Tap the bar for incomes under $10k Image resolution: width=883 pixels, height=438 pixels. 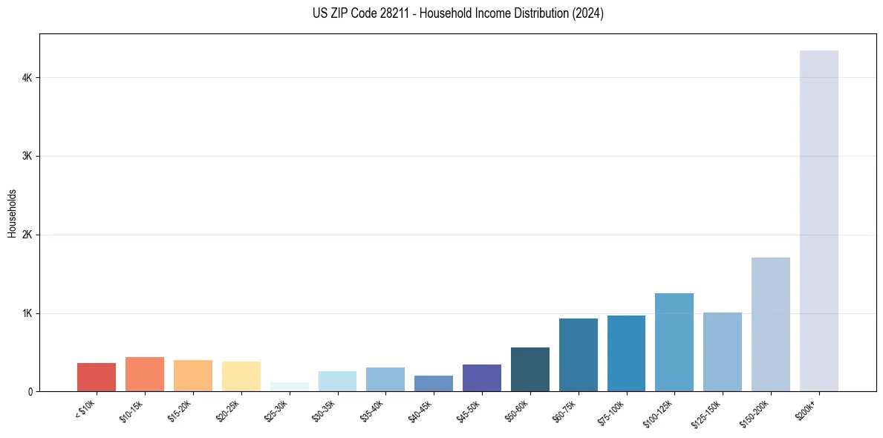tap(97, 377)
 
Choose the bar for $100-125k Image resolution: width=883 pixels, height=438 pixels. tap(674, 342)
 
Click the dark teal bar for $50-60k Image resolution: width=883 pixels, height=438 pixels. tap(530, 369)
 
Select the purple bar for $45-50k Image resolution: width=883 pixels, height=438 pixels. tap(481, 378)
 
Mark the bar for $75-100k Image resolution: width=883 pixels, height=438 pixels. tap(626, 353)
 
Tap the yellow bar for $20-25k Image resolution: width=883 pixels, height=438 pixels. tap(241, 376)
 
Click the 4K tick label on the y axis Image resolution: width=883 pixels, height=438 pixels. tap(27, 78)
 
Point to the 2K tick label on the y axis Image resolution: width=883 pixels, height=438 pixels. tap(27, 235)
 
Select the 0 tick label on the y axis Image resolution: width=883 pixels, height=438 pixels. tap(30, 392)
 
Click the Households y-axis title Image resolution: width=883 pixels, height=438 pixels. tap(12, 213)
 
